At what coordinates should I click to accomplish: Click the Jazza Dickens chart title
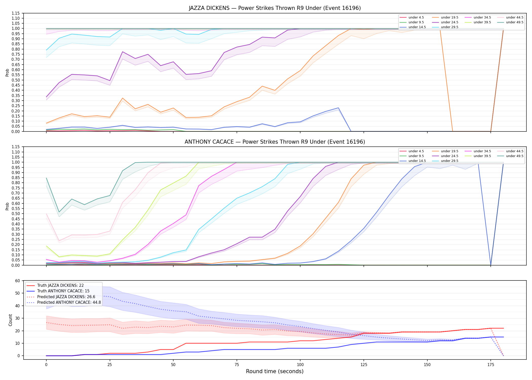pos(275,8)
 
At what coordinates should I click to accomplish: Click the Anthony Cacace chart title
pos(275,142)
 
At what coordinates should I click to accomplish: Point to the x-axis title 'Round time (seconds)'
pos(275,371)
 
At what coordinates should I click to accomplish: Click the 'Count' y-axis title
pos(10,320)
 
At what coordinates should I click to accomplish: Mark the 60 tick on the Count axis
pos(17,281)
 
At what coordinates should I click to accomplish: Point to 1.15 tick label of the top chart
pos(15,13)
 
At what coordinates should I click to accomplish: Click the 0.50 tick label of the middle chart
pos(15,214)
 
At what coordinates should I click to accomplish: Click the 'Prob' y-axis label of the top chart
pos(7,72)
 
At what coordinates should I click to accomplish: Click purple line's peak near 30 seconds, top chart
pos(123,52)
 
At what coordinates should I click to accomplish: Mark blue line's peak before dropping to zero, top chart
pos(338,108)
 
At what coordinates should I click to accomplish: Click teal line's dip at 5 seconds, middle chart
pos(59,212)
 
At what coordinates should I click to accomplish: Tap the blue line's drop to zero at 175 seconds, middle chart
pos(491,265)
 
